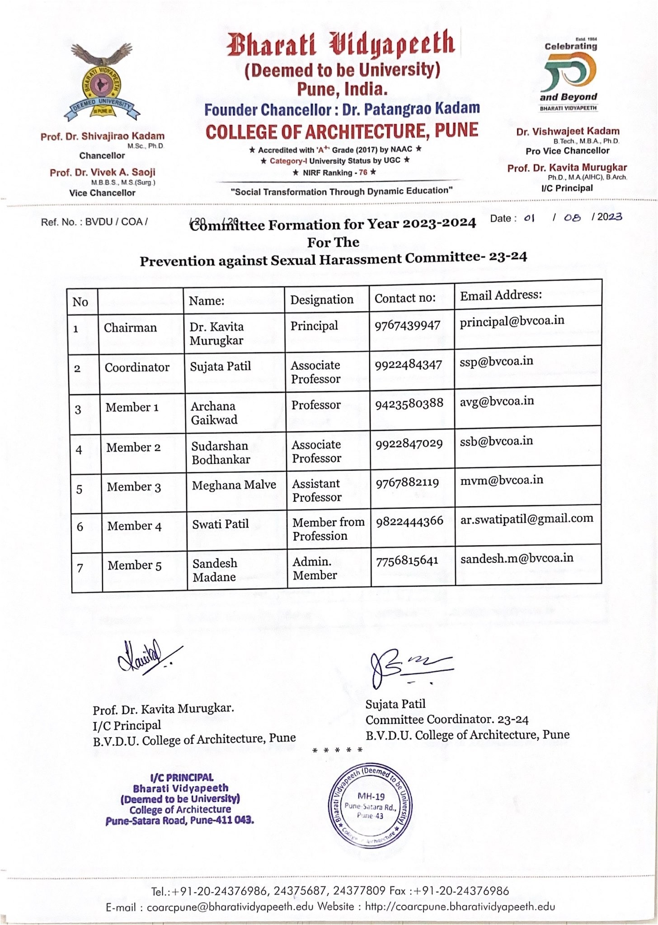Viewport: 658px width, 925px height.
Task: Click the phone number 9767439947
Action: tap(407, 326)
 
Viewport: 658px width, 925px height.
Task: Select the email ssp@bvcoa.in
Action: tap(496, 361)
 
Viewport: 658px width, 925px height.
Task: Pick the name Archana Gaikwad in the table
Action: tap(214, 413)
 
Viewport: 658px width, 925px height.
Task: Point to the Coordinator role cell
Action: tap(137, 368)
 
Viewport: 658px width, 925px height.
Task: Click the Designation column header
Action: tap(322, 299)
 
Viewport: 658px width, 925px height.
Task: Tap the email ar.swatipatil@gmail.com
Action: tap(526, 519)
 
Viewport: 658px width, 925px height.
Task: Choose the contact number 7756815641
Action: tap(407, 561)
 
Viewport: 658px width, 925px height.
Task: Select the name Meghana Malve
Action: tap(234, 485)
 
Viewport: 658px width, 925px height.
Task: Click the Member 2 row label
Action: tap(133, 448)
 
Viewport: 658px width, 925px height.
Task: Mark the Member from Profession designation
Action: tap(328, 529)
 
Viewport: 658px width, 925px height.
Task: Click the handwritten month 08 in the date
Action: tap(572, 218)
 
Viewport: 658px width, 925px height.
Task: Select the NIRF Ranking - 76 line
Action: tap(334, 173)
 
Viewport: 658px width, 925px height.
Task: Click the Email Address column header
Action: tap(500, 295)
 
